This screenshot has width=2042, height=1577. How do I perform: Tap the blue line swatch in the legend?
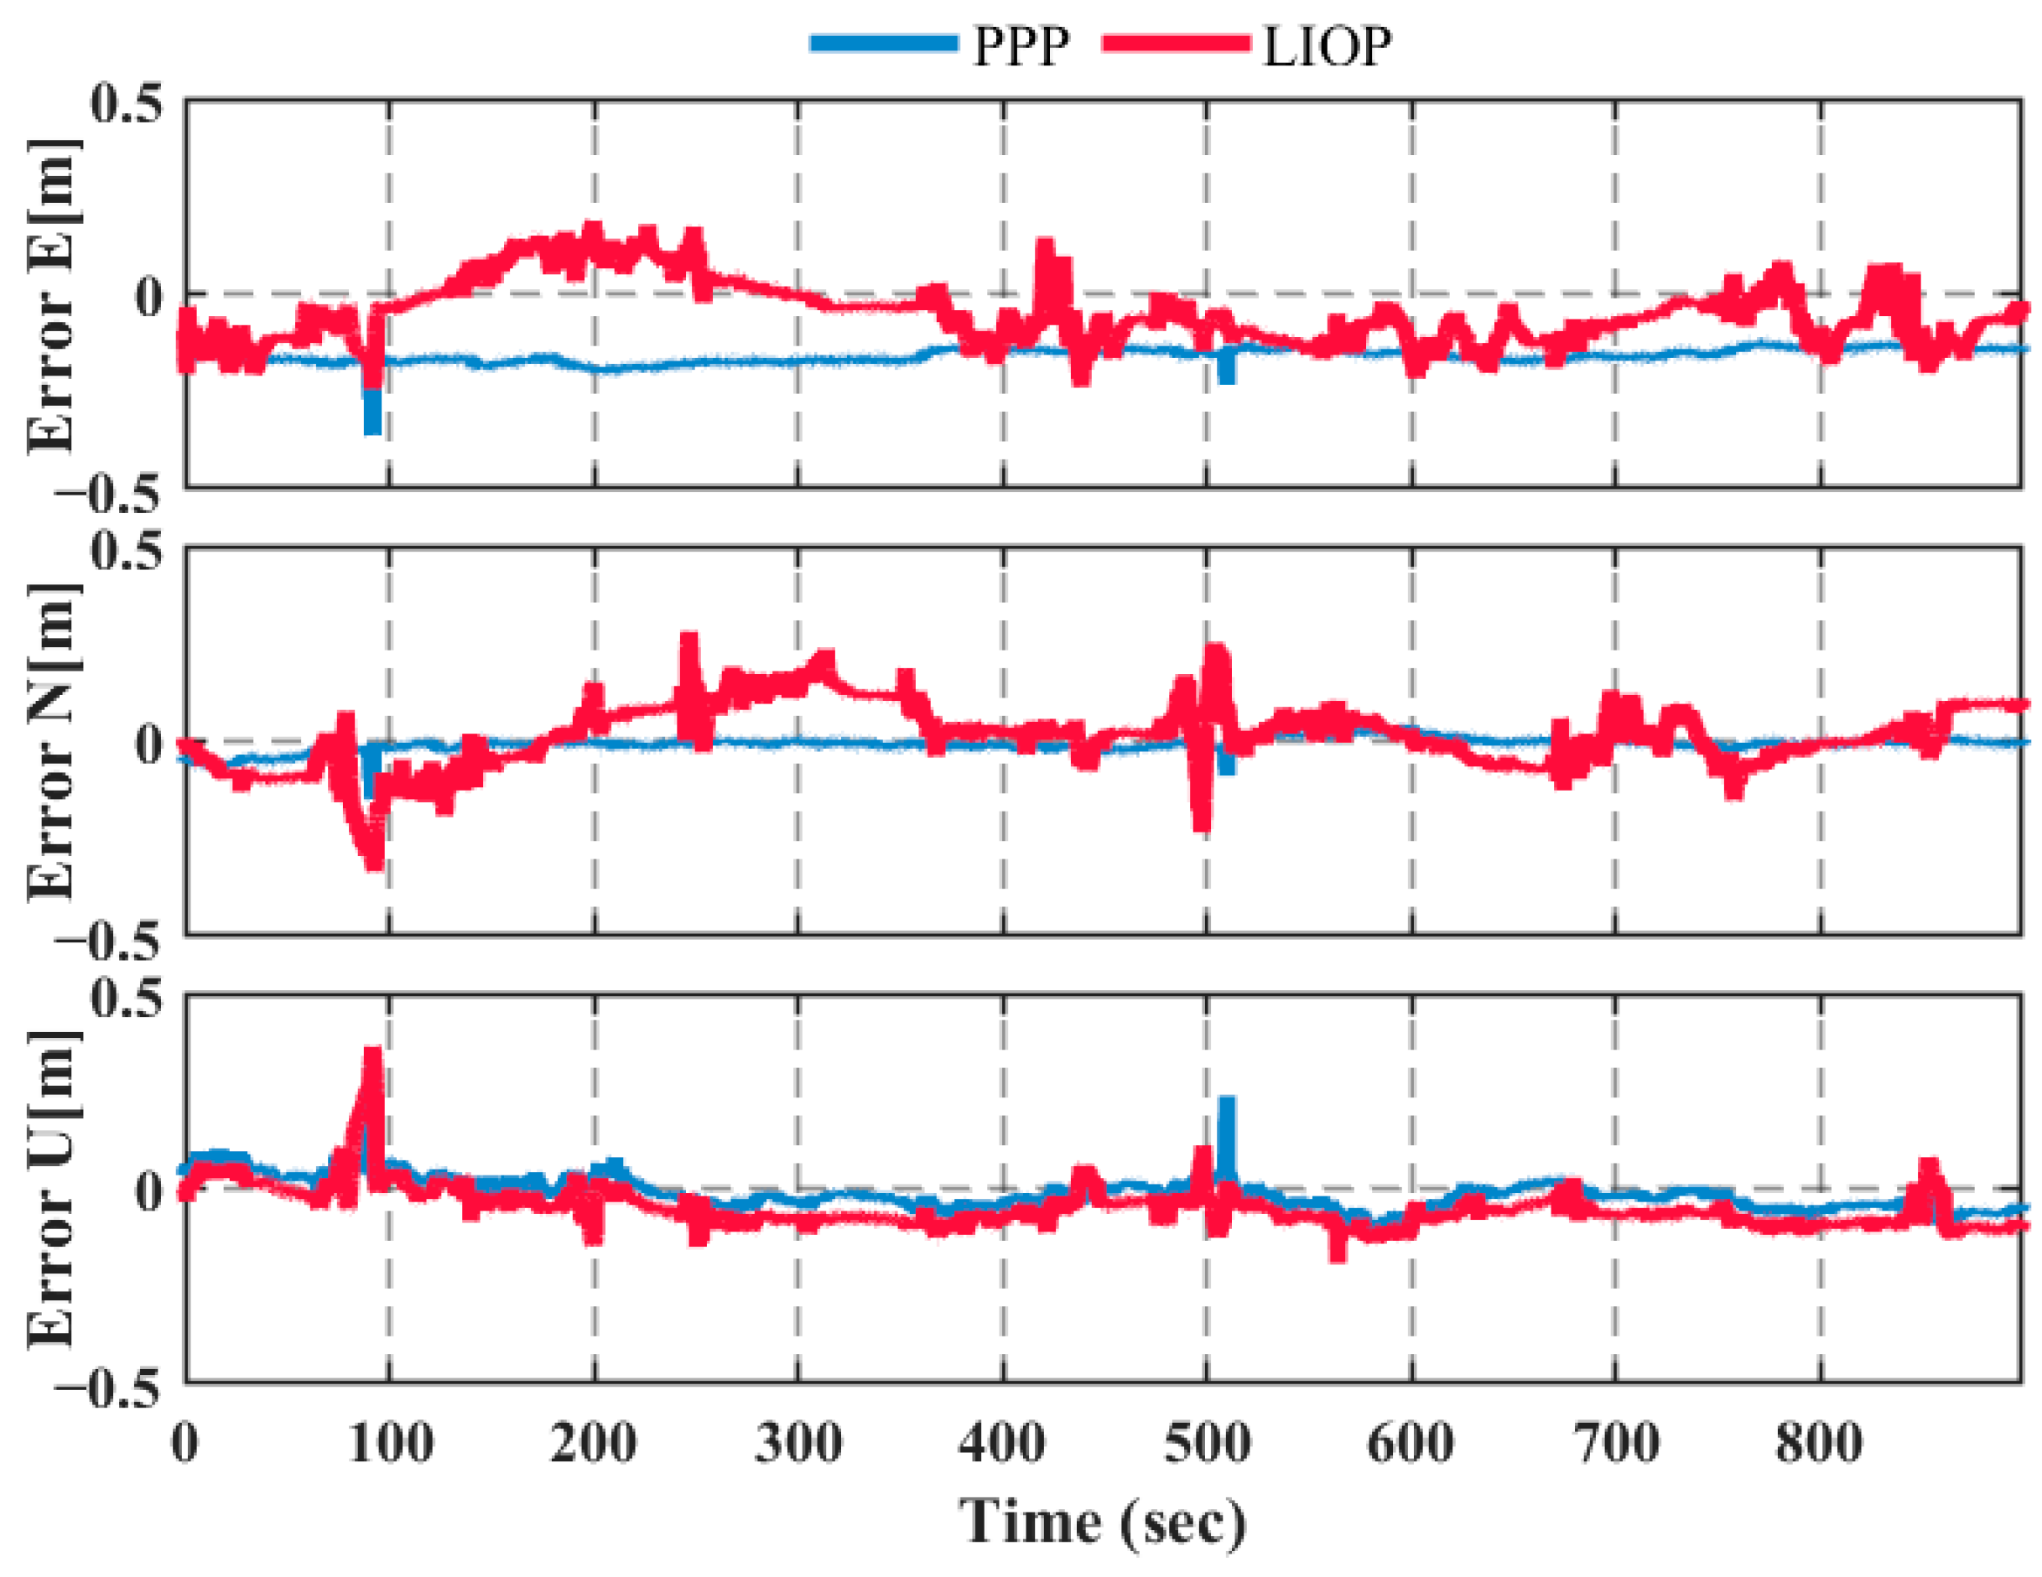(884, 43)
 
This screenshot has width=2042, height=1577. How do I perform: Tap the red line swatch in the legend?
(1177, 43)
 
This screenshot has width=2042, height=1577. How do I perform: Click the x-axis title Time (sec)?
(1104, 1521)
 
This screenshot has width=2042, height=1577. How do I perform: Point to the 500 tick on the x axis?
(1207, 1442)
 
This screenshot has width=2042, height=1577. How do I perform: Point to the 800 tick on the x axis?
(1820, 1442)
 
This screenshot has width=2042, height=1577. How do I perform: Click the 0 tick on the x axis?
(185, 1442)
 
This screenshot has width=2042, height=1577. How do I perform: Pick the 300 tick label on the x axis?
(798, 1442)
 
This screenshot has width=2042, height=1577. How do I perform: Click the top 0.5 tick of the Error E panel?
(127, 103)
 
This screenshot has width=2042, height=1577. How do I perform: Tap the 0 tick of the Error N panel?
(149, 743)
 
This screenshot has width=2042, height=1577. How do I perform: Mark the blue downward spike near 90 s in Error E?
(372, 416)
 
